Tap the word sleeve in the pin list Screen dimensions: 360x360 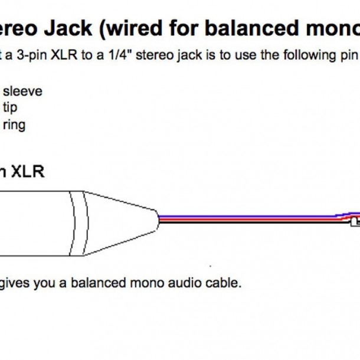point(23,91)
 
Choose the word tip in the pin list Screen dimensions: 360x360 point(10,108)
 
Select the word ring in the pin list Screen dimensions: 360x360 point(14,125)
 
